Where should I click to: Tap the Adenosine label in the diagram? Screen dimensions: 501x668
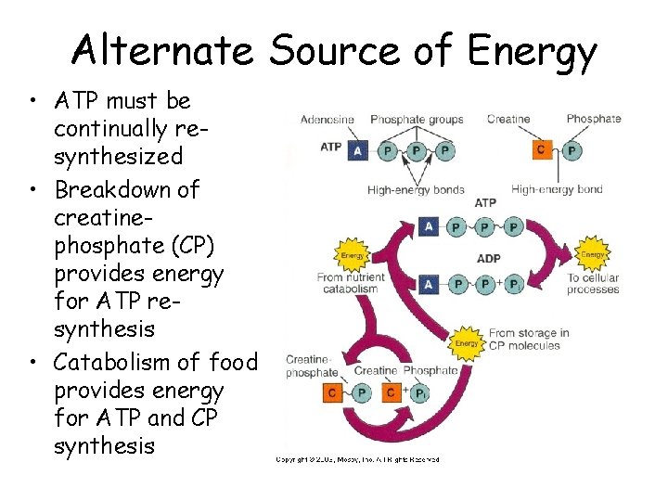[327, 119]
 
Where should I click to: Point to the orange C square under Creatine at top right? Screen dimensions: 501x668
[542, 150]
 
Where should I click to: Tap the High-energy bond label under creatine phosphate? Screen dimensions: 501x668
[557, 189]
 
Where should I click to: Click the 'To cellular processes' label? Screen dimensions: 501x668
[593, 284]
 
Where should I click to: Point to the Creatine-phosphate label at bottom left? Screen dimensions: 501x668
[312, 366]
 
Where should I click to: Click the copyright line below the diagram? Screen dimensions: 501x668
[357, 458]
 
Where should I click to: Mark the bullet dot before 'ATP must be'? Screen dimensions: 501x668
[33, 101]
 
